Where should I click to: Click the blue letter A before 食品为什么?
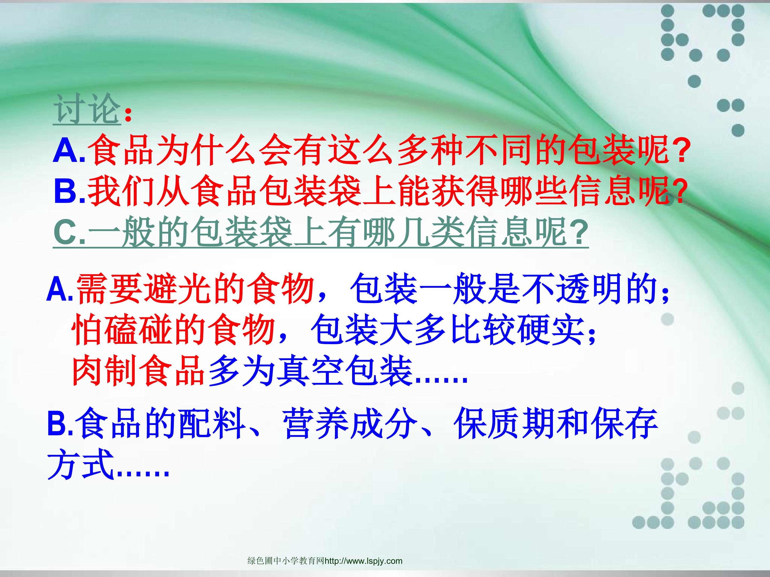66,150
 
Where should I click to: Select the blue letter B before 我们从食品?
67,190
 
